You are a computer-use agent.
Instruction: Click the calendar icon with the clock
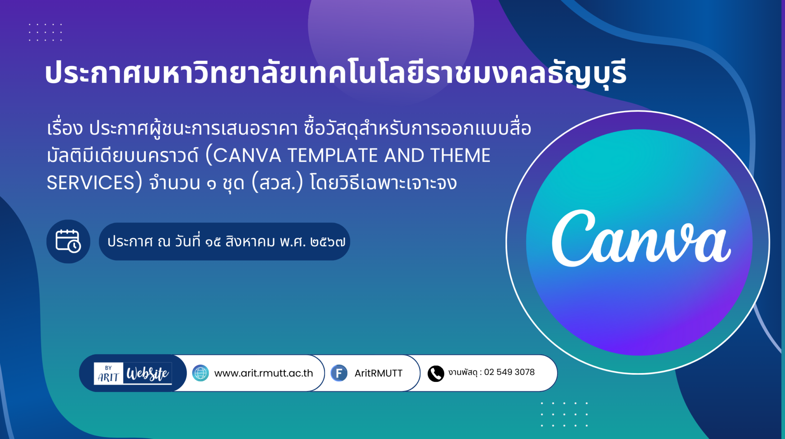pos(68,241)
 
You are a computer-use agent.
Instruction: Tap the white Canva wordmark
pos(641,238)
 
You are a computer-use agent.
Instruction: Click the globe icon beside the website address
pos(200,373)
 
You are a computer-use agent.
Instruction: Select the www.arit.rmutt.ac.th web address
pos(264,373)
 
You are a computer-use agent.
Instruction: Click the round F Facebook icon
pos(339,373)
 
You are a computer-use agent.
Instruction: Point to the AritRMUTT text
pos(378,373)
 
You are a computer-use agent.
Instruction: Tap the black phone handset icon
pos(436,373)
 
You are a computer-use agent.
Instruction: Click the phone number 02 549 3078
pos(509,372)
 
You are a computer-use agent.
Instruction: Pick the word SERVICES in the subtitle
pos(90,183)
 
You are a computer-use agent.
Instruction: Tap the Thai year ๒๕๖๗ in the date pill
pos(328,242)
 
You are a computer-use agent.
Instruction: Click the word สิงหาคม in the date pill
pos(250,241)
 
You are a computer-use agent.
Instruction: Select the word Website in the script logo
pos(148,373)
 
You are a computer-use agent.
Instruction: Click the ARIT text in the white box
pos(108,377)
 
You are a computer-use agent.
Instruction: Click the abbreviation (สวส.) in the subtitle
pos(277,182)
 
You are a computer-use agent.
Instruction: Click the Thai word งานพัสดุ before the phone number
pos(463,372)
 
